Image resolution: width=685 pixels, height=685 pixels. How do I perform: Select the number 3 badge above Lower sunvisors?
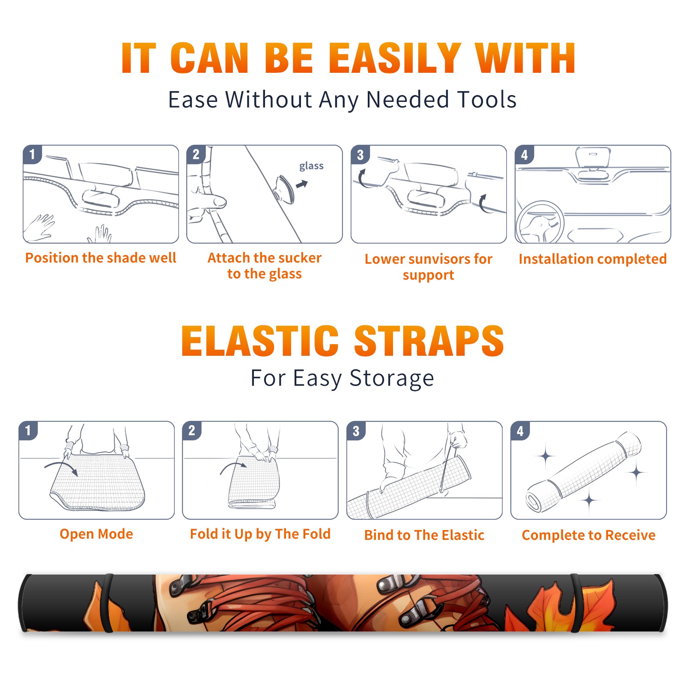tap(360, 155)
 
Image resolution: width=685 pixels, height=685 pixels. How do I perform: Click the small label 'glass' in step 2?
tap(311, 166)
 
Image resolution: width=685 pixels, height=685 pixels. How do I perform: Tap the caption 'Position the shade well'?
tap(101, 258)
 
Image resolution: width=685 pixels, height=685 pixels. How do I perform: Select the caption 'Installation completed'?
tap(593, 259)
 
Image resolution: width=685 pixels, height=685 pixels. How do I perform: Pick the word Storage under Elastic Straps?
tap(392, 378)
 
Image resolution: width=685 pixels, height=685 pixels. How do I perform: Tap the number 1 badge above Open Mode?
tap(28, 431)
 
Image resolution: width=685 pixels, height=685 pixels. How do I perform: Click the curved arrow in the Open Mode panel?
tap(61, 467)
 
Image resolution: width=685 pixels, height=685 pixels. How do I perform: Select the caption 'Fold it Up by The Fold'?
tap(260, 534)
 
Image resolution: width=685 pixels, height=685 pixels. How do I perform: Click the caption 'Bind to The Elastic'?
tap(424, 535)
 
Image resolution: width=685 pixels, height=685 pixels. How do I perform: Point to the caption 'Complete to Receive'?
tap(589, 535)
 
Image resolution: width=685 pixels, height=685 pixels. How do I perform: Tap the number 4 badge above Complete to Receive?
tap(520, 431)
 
